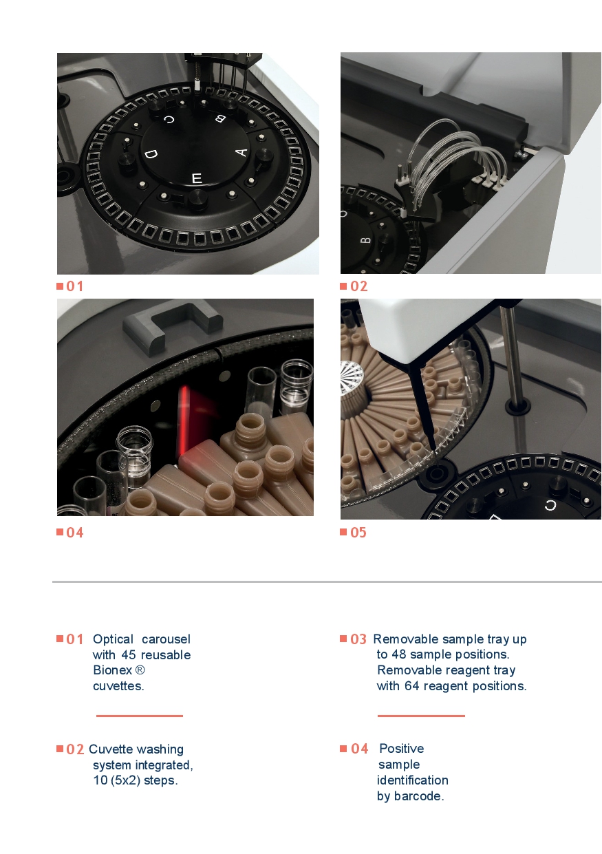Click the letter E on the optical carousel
pyautogui.click(x=196, y=178)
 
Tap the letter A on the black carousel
pyautogui.click(x=241, y=153)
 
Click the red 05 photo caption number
pyautogui.click(x=358, y=532)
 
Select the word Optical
pyautogui.click(x=113, y=639)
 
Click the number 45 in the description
pyautogui.click(x=129, y=655)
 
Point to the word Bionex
pyautogui.click(x=112, y=670)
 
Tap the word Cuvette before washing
pyautogui.click(x=111, y=749)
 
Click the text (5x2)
pyautogui.click(x=125, y=780)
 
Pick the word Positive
pyautogui.click(x=402, y=749)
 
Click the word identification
pyautogui.click(x=413, y=780)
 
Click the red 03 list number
pyautogui.click(x=358, y=639)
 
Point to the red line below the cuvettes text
pyautogui.click(x=140, y=716)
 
